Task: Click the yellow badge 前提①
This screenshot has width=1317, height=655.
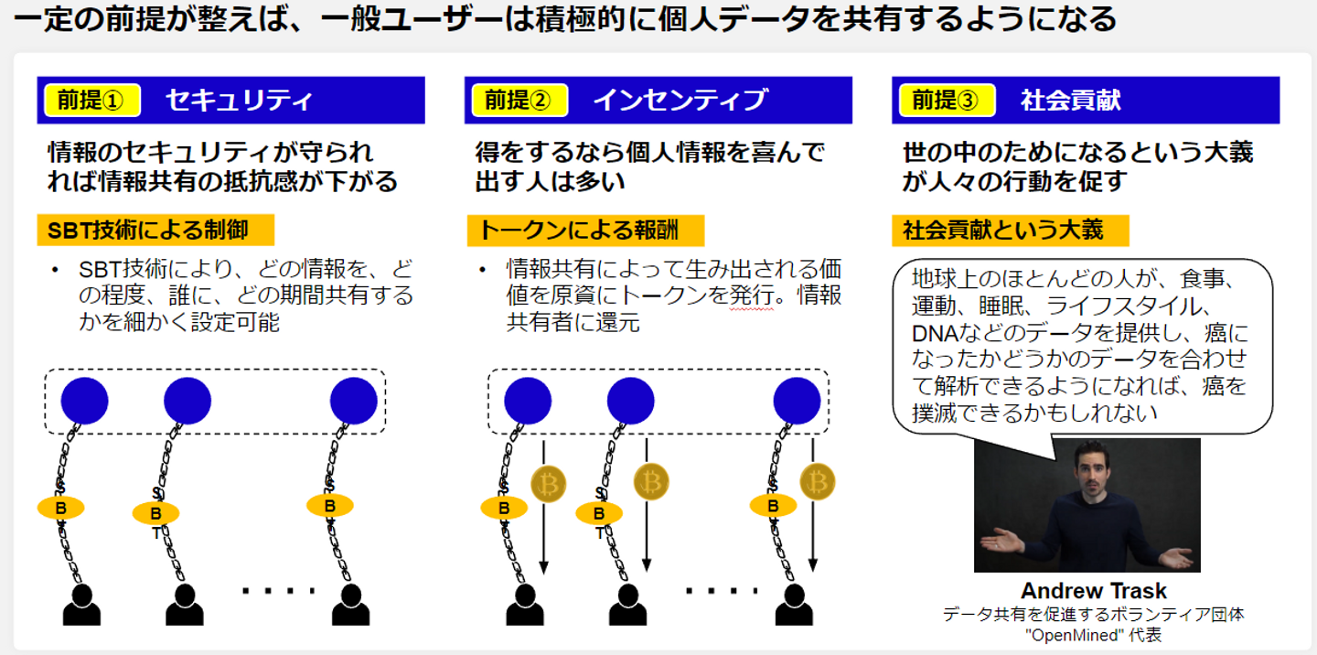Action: (89, 101)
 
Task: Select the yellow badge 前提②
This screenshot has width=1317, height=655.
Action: (518, 101)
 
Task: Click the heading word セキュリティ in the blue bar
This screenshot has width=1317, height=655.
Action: (240, 101)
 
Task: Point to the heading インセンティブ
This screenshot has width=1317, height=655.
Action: (680, 101)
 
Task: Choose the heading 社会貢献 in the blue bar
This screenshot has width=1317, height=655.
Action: (1070, 101)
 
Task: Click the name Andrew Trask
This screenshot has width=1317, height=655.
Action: (1093, 591)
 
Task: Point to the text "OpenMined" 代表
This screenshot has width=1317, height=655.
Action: (1093, 635)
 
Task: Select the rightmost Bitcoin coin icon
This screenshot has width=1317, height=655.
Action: (817, 481)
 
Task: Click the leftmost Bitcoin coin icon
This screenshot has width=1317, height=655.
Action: (548, 483)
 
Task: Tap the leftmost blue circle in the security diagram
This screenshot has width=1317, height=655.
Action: (84, 401)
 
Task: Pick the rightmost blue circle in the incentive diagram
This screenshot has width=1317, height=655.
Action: (797, 401)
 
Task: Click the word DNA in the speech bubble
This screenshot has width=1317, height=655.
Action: (932, 333)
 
